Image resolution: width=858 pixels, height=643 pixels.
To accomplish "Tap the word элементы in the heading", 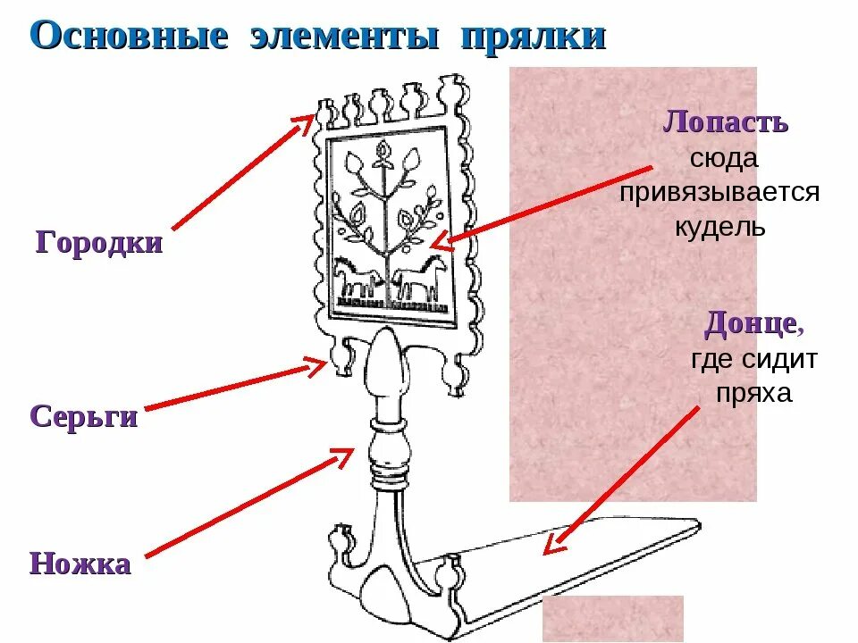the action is coord(345,37).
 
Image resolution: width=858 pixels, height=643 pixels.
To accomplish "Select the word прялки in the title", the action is coord(534,38).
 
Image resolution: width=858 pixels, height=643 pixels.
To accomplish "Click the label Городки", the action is coord(99,243).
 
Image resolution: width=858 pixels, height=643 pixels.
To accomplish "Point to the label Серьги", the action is coord(84,416).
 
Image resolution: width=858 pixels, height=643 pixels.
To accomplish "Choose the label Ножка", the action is coord(80,564).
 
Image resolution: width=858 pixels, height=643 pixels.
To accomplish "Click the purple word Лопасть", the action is coord(725,122).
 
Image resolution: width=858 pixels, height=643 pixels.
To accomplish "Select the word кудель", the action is coord(719,226).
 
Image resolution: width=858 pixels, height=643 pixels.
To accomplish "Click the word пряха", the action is coord(753,393).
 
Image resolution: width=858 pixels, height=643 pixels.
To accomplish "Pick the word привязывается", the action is coord(719,192).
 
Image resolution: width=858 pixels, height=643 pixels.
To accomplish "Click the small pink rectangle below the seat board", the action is coord(612,618).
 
